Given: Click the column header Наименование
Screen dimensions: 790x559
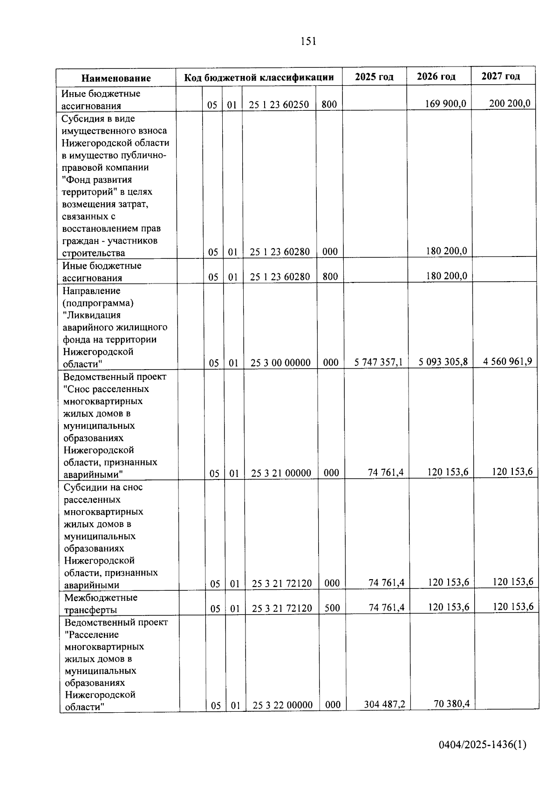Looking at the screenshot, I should [x=116, y=78].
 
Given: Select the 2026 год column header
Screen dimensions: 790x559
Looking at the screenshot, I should [x=436, y=76].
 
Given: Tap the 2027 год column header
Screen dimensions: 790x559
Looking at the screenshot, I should [x=500, y=76].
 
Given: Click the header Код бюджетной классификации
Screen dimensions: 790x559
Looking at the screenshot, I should [x=259, y=77].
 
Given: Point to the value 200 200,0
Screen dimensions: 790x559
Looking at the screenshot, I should [x=510, y=103].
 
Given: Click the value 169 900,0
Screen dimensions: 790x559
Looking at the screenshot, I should [x=445, y=103].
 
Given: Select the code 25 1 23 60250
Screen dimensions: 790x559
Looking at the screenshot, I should [x=279, y=105].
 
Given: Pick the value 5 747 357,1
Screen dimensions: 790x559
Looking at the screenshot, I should [x=379, y=362].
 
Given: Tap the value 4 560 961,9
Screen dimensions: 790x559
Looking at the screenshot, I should [x=508, y=361].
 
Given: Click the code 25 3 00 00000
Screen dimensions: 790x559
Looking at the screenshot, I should [x=280, y=363].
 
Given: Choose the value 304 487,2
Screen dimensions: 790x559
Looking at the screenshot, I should [x=384, y=704].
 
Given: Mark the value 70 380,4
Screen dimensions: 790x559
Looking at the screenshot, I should [x=451, y=703].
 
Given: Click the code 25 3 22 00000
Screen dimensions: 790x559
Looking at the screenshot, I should [x=282, y=705].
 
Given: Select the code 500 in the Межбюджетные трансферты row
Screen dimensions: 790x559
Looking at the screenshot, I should [x=332, y=608].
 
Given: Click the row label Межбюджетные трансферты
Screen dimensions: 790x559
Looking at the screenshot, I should [x=101, y=603].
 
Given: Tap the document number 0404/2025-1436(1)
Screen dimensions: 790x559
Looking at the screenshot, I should [x=482, y=745].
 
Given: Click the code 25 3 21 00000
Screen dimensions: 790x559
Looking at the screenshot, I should [x=281, y=473].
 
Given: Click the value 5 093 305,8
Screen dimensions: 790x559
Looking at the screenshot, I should [x=443, y=362].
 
